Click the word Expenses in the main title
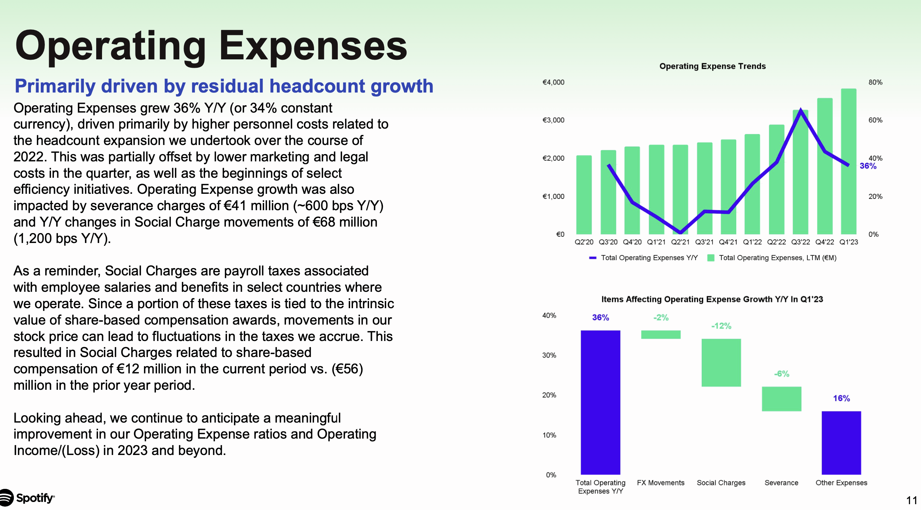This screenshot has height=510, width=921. tap(313, 46)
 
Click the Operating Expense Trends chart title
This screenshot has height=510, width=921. tap(712, 66)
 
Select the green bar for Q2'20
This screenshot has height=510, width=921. tap(584, 195)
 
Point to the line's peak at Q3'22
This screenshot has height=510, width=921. tap(800, 109)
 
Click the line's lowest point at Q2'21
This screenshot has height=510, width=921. tap(680, 232)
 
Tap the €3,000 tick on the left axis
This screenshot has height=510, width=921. tap(553, 120)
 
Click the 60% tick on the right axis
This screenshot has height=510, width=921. tap(875, 120)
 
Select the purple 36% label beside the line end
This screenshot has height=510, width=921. tap(868, 166)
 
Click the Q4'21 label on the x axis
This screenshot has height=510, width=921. tap(728, 242)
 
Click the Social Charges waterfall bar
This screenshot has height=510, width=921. tap(721, 362)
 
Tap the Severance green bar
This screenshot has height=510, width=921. tap(781, 399)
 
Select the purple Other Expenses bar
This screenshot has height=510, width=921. tap(841, 443)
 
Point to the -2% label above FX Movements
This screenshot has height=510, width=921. tap(661, 318)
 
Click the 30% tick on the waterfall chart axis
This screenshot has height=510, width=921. tap(549, 355)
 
